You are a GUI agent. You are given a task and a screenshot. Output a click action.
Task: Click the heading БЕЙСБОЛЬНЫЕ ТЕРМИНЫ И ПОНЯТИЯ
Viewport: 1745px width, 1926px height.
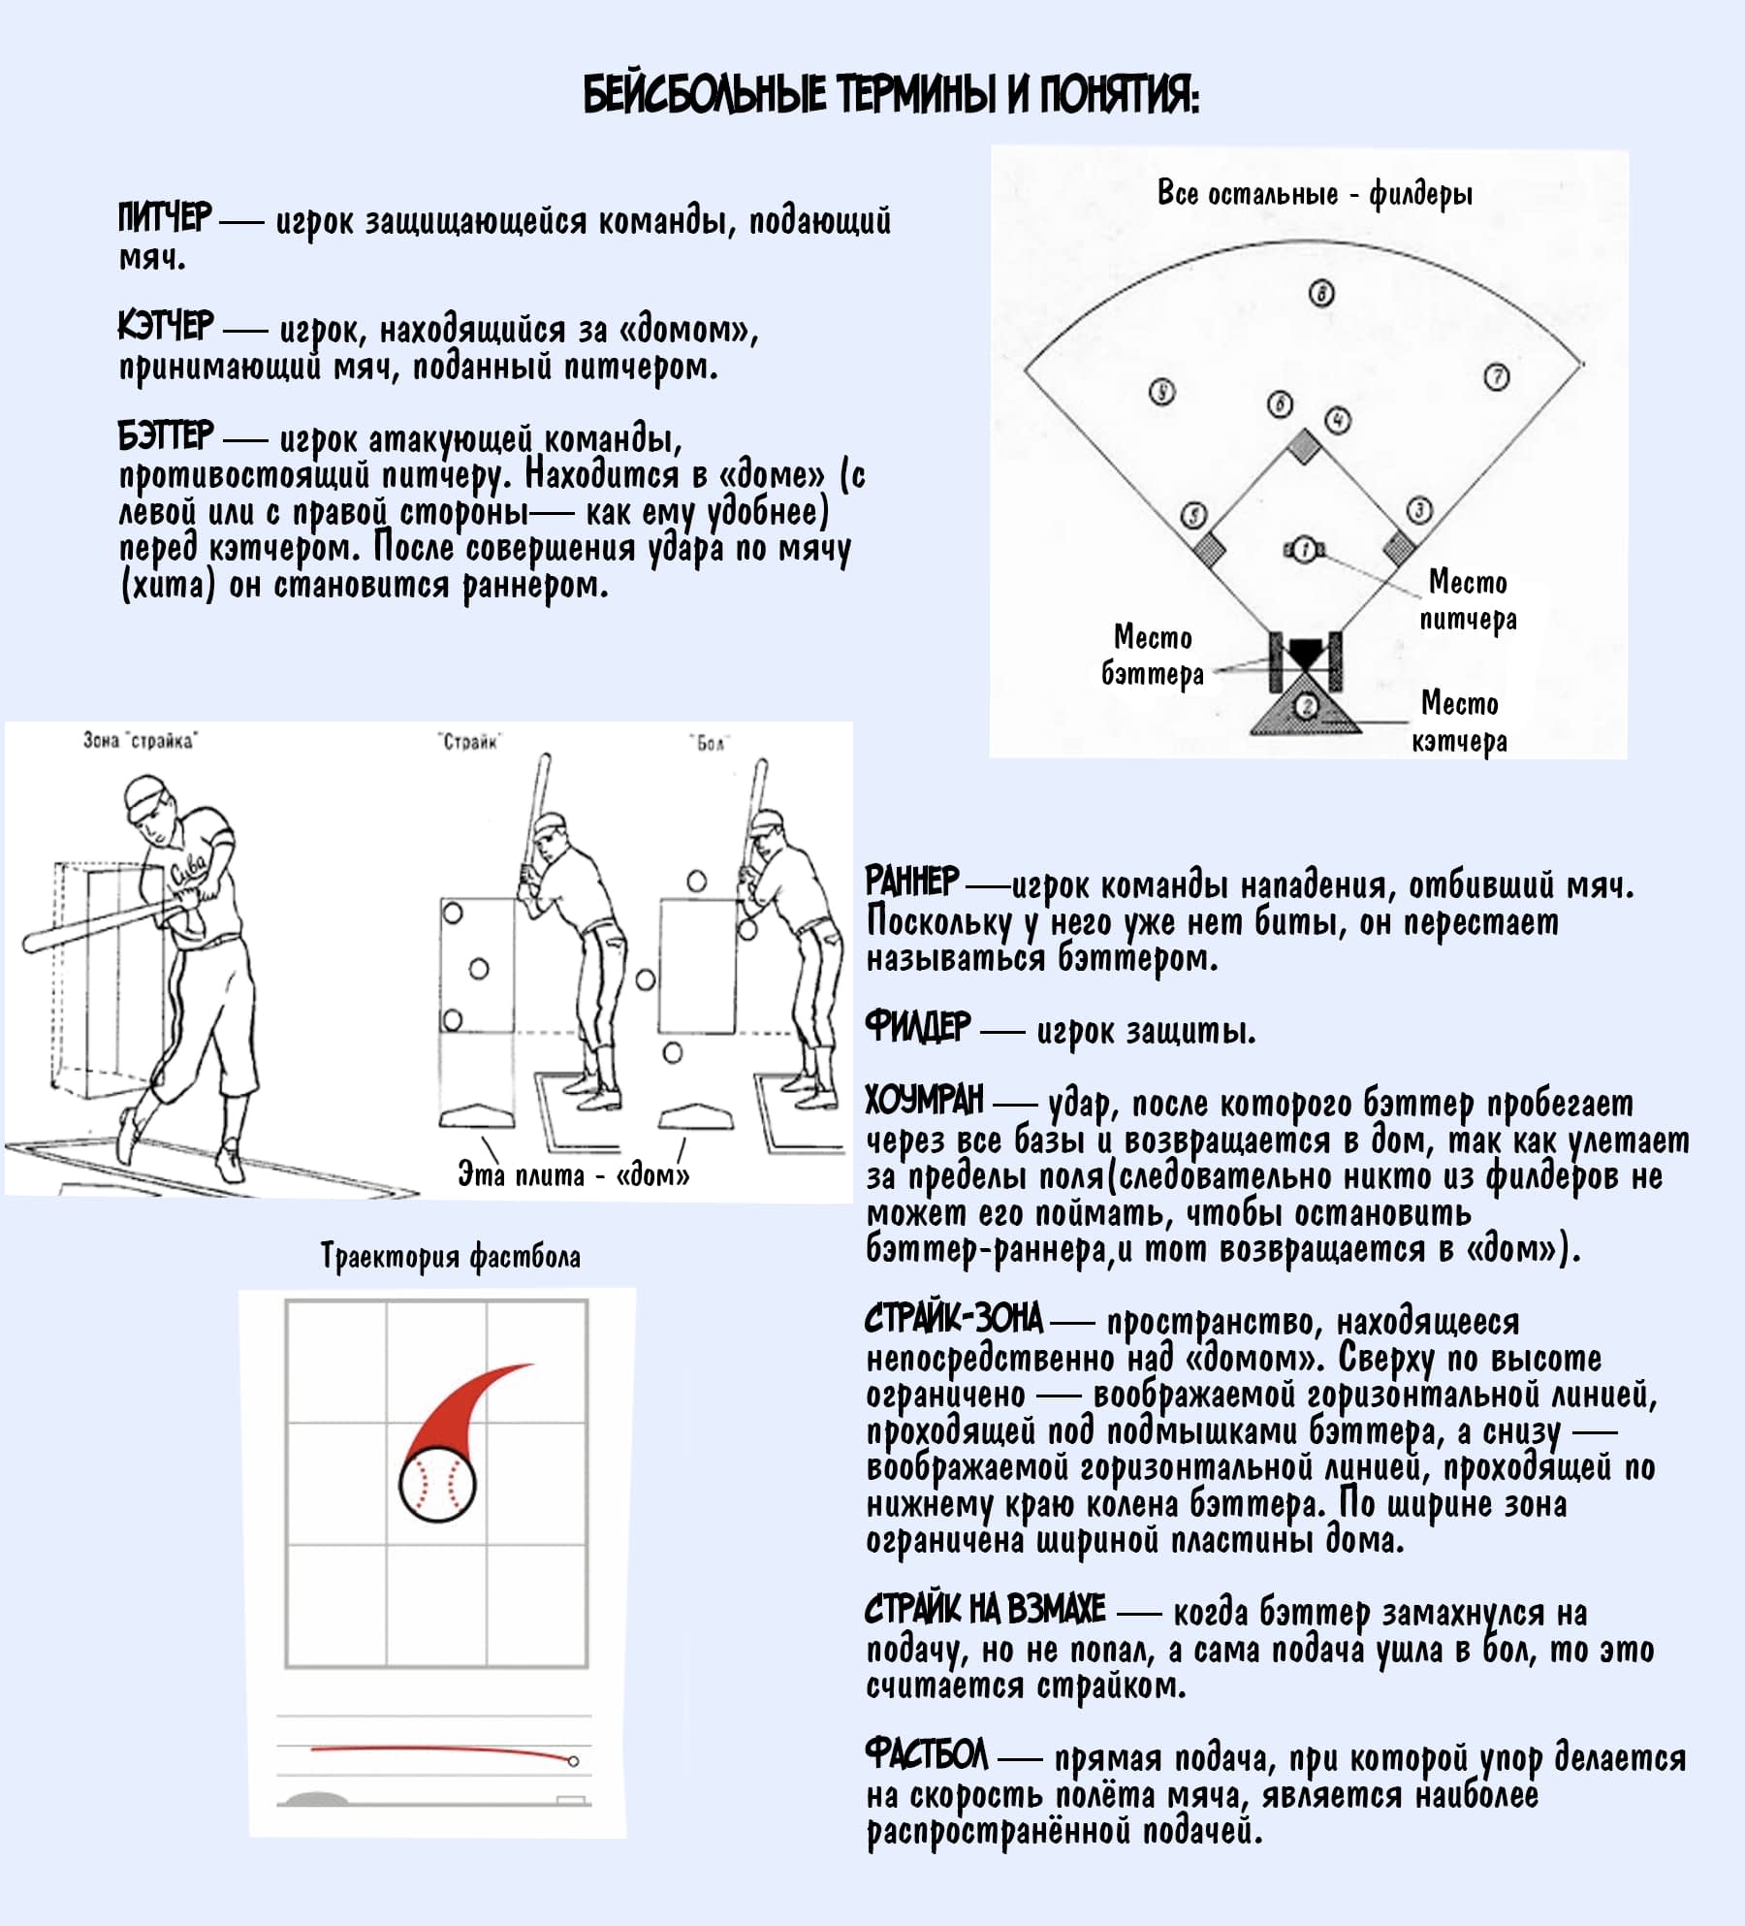tap(891, 96)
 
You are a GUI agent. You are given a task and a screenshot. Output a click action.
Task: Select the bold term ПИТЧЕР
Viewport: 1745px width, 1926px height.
tap(164, 218)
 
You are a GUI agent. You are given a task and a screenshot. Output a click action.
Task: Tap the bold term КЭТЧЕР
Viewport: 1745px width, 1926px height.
tap(165, 327)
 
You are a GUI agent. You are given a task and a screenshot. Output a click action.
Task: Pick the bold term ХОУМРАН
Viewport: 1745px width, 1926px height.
tap(924, 1100)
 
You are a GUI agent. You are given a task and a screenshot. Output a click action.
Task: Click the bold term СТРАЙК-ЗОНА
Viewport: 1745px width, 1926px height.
tap(954, 1319)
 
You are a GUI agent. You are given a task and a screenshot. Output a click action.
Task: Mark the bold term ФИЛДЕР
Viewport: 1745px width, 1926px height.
tap(917, 1026)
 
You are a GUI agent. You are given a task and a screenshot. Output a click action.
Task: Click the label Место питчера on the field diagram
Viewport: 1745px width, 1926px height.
tap(1468, 600)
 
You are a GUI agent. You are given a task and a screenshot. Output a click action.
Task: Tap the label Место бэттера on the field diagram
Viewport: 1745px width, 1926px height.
tap(1153, 656)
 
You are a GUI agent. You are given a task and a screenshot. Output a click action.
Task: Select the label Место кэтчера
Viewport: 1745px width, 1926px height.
tap(1460, 722)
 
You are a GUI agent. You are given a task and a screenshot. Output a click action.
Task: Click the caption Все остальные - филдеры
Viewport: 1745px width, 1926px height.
tap(1315, 194)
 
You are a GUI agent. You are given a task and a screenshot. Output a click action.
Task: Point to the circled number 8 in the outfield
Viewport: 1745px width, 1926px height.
tap(1322, 293)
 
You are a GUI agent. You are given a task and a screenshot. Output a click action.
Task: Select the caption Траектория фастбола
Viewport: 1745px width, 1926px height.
tap(451, 1257)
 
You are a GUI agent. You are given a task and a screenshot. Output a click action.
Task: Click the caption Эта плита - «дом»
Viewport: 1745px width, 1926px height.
tap(574, 1175)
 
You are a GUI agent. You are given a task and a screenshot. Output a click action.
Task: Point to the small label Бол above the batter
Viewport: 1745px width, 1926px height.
tap(711, 743)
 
